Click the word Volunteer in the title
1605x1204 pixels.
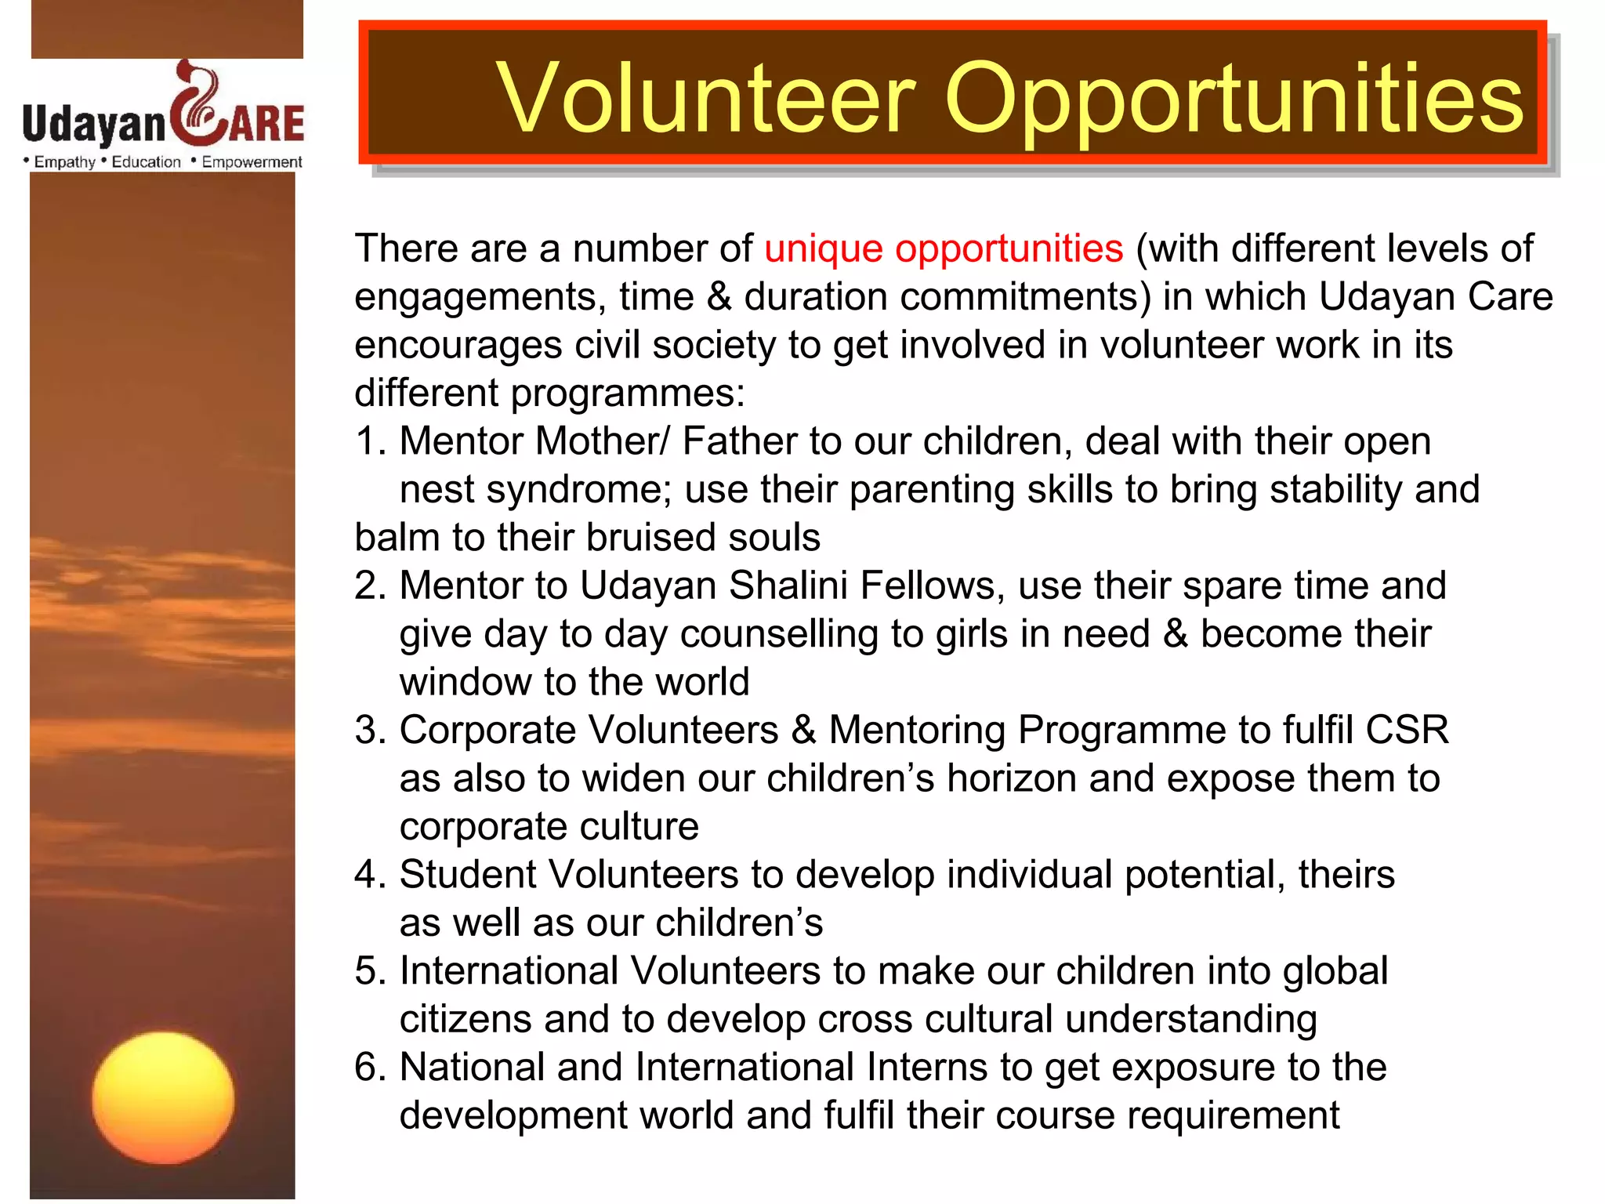[x=705, y=98]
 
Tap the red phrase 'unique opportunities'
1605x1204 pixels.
[x=944, y=248]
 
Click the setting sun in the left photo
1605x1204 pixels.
[x=163, y=1097]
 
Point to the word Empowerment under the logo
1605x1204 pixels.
[x=252, y=162]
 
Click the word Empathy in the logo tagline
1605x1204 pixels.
[x=64, y=162]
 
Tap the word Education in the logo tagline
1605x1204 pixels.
[x=146, y=162]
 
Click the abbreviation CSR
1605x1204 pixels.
[x=1407, y=730]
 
